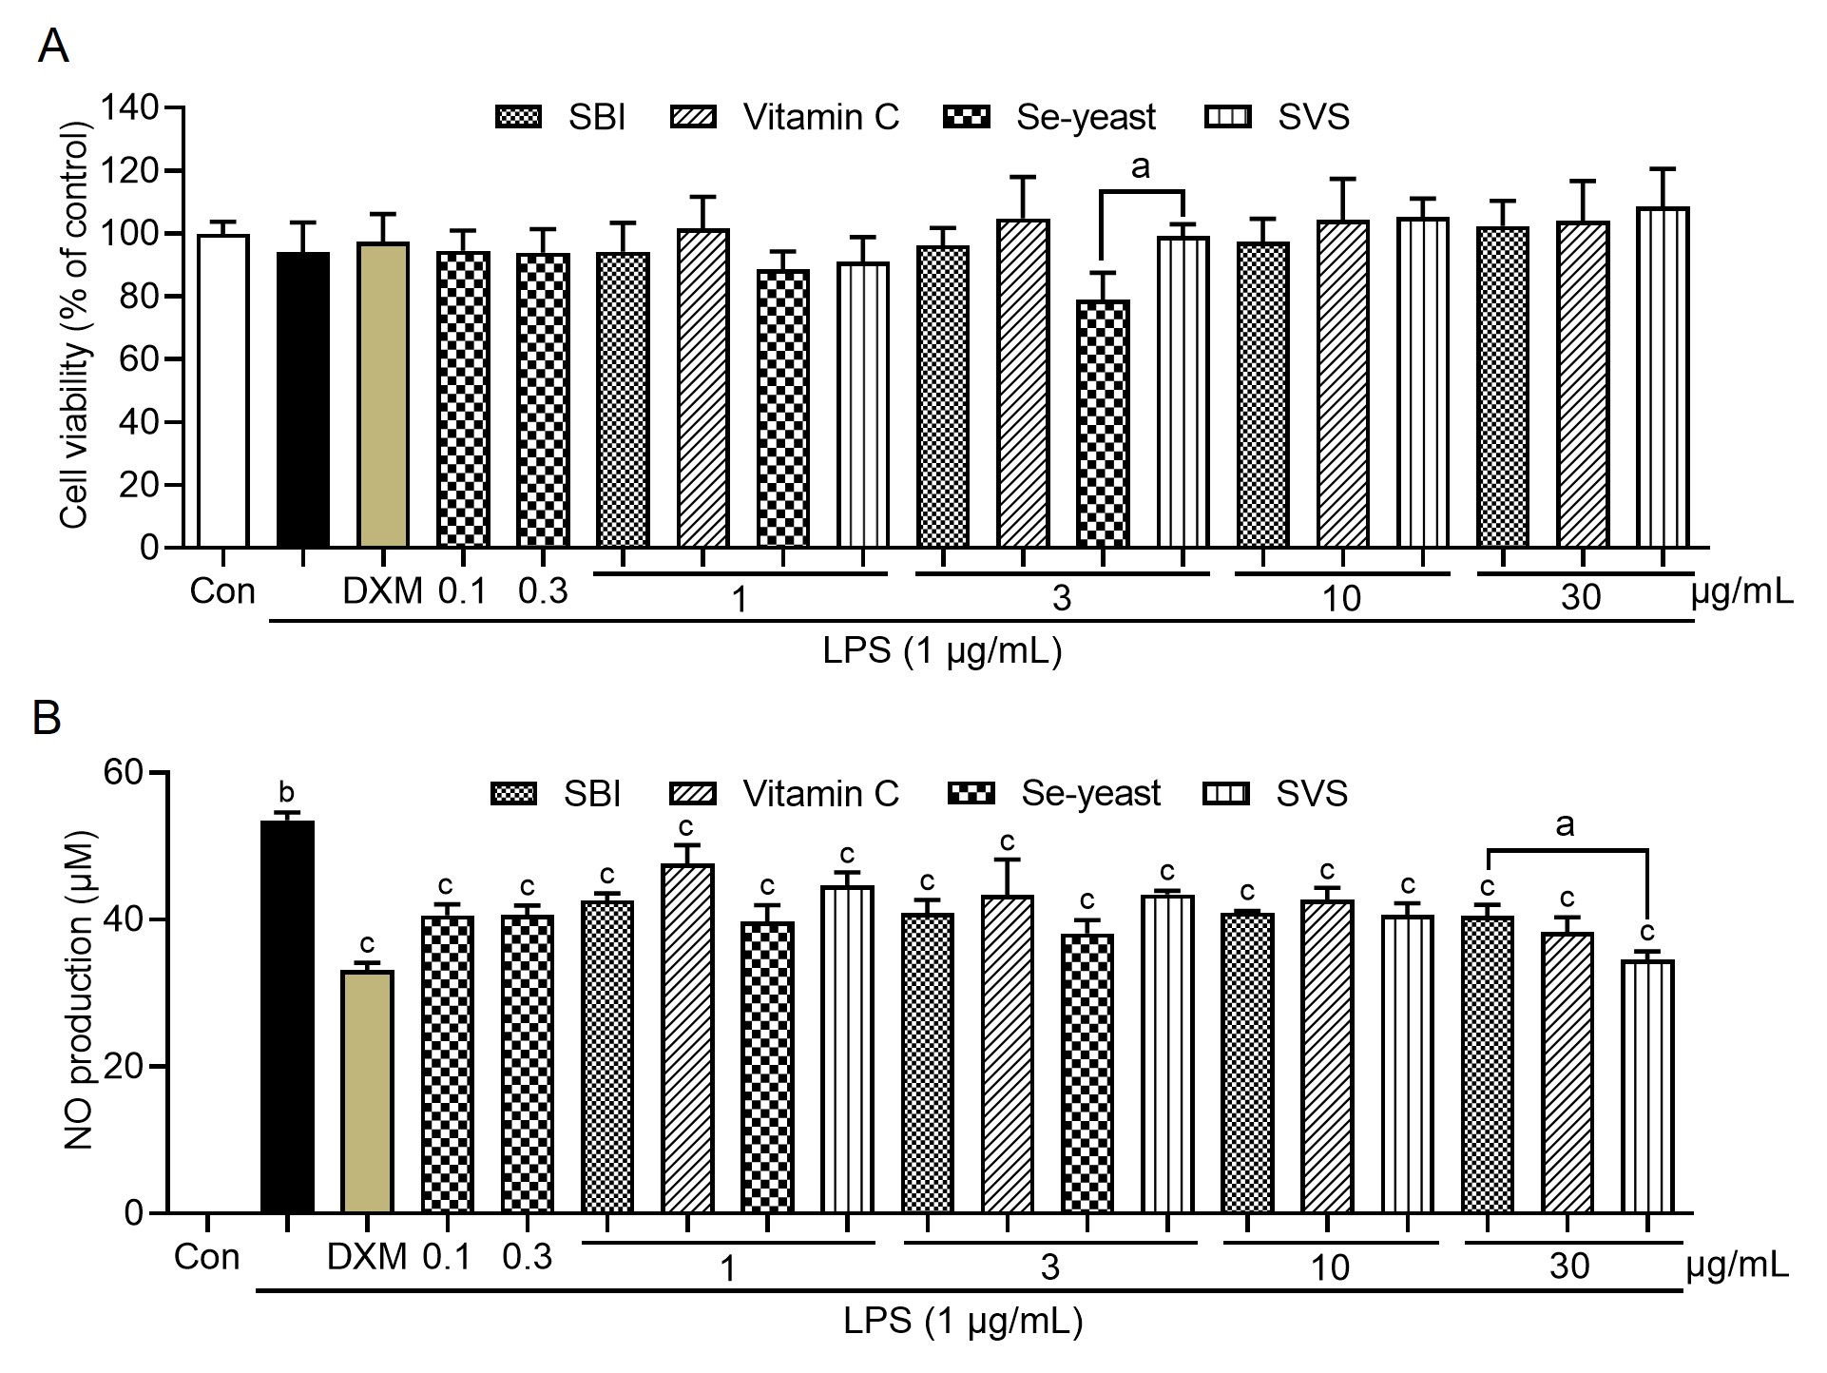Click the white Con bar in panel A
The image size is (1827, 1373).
(222, 391)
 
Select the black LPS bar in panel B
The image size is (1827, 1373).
(287, 1016)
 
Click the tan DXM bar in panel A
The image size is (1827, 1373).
(383, 395)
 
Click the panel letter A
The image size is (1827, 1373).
(52, 46)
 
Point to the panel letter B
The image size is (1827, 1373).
(47, 718)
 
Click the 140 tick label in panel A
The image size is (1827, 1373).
(130, 108)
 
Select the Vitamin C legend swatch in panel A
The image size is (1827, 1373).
(694, 117)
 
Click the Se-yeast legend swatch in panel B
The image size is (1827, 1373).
(971, 793)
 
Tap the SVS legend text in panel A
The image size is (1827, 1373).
(1314, 117)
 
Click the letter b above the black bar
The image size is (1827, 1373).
(286, 792)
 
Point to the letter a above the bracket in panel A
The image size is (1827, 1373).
(1141, 167)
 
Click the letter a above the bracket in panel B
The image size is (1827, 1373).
(1565, 824)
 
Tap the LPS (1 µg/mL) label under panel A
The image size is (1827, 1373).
(942, 651)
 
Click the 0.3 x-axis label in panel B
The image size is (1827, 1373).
(527, 1257)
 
